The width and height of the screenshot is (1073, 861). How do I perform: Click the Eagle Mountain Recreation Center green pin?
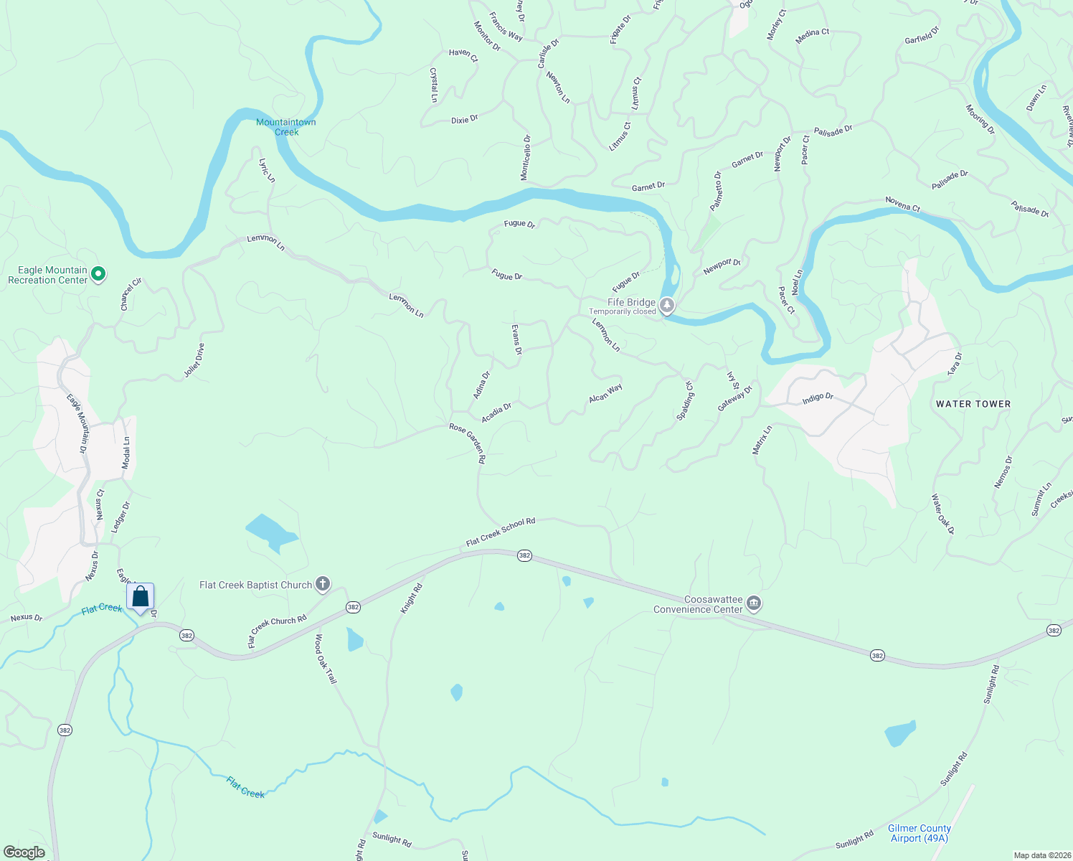coord(99,273)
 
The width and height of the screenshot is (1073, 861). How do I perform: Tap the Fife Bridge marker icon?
coord(667,306)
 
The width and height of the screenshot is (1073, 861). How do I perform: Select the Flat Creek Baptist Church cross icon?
coord(323,584)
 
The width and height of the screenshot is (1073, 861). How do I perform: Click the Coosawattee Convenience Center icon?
coord(753,603)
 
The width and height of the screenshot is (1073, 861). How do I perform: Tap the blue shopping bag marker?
coord(141,597)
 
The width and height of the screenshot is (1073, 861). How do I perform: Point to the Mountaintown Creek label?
coord(286,127)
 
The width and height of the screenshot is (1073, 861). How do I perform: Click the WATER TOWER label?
coord(973,404)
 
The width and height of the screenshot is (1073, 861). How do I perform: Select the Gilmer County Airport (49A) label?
coord(919,833)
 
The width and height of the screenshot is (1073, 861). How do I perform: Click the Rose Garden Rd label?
coord(468,443)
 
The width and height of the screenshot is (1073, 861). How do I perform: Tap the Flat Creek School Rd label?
coord(501,532)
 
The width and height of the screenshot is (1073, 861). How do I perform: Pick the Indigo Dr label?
coord(818,397)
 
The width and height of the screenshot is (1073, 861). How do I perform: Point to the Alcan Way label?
coord(605,393)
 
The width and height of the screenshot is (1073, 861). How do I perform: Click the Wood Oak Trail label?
coord(326,659)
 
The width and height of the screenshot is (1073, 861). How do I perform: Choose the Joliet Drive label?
coord(194,360)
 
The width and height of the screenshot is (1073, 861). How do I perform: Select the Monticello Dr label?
coord(526,158)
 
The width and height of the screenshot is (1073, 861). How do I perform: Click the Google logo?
coord(24,852)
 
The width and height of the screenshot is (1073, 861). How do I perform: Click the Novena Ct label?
coord(902,204)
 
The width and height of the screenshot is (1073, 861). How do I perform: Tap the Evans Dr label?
coord(516,339)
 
